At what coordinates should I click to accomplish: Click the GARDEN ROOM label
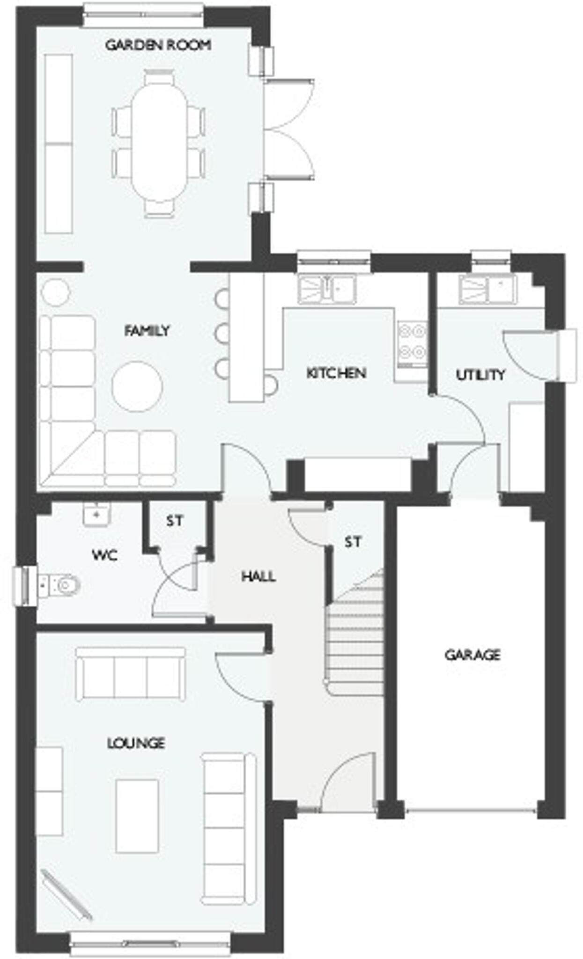[x=158, y=45]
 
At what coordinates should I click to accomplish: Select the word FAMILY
[x=147, y=331]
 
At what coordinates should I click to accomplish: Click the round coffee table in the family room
[x=137, y=387]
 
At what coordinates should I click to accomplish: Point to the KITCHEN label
[x=336, y=373]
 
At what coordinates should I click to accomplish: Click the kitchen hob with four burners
[x=412, y=341]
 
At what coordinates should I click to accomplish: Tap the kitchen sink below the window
[x=327, y=289]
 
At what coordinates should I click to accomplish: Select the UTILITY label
[x=480, y=375]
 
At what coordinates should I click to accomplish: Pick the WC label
[x=104, y=555]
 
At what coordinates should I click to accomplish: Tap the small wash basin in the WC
[x=96, y=515]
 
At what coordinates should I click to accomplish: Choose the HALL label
[x=258, y=576]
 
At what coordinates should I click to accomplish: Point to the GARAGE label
[x=472, y=654]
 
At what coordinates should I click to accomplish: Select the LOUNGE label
[x=136, y=743]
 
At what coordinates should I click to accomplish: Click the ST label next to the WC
[x=175, y=520]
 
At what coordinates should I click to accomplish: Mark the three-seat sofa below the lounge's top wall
[x=130, y=673]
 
